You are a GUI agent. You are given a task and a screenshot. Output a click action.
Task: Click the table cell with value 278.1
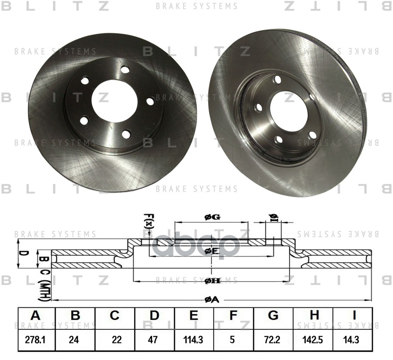click(x=35, y=340)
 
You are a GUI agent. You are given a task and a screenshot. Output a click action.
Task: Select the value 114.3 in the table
click(x=193, y=340)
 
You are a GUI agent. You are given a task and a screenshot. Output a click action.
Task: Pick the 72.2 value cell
click(x=273, y=340)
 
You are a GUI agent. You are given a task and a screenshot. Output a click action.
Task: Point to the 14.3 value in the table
click(x=353, y=340)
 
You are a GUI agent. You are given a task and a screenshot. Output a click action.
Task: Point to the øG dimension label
click(x=212, y=217)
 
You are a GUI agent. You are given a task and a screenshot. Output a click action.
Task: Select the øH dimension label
click(x=212, y=281)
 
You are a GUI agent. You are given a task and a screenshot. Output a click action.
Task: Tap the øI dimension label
click(x=273, y=218)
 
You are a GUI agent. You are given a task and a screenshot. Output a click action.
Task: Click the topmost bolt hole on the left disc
click(x=125, y=70)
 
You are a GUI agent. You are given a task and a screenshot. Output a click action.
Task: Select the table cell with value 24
click(x=75, y=340)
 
